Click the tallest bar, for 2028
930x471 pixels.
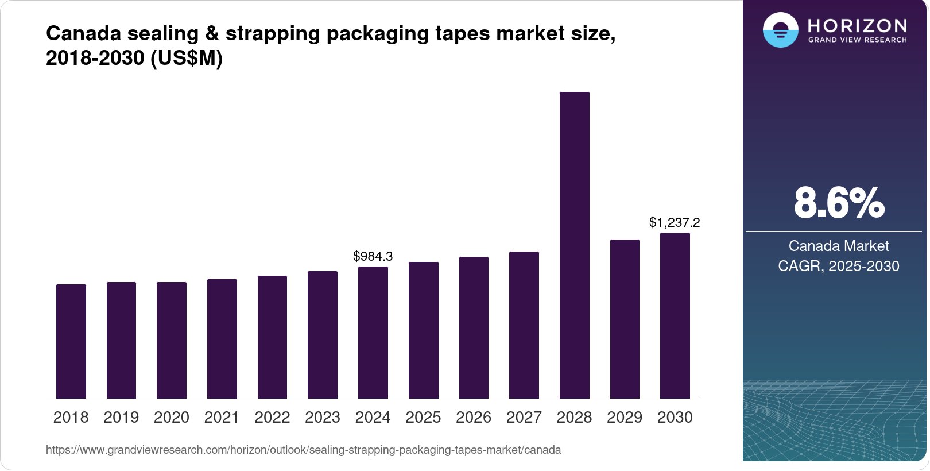click(574, 245)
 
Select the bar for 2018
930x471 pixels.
click(71, 341)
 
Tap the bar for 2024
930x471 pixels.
click(373, 333)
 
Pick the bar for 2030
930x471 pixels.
click(675, 315)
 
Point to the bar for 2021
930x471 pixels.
click(222, 339)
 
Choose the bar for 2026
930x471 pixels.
click(474, 327)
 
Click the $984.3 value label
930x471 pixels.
click(373, 256)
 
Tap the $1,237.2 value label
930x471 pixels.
click(675, 222)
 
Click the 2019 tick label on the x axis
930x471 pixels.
click(121, 418)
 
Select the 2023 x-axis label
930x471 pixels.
click(323, 418)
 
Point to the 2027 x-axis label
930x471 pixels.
click(524, 418)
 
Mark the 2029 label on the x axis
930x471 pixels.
click(625, 418)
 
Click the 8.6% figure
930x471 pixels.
click(839, 203)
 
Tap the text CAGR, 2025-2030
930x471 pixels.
click(839, 266)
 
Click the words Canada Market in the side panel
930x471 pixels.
click(839, 246)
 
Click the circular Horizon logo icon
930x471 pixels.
click(780, 30)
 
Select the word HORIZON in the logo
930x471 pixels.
click(857, 25)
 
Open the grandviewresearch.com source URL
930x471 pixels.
click(303, 450)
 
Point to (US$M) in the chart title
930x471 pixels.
click(186, 58)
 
